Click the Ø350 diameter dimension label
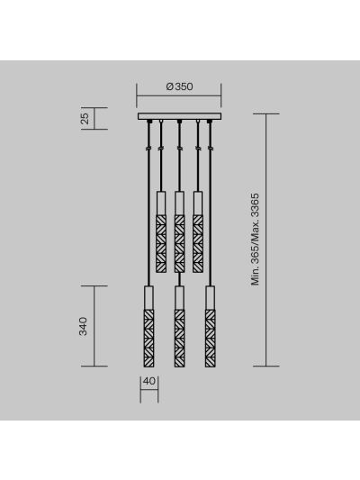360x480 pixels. [x=179, y=86]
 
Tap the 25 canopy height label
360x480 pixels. [x=85, y=119]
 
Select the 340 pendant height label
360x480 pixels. [x=83, y=326]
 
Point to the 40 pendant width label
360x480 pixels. [x=149, y=382]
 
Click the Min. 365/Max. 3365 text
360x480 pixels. [x=255, y=240]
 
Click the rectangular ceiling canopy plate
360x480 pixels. [x=179, y=116]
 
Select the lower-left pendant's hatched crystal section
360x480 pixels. [x=149, y=338]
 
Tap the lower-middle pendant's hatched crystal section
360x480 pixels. [x=179, y=338]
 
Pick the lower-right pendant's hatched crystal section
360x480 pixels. [x=211, y=338]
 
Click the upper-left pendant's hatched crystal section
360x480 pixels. [x=161, y=244]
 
